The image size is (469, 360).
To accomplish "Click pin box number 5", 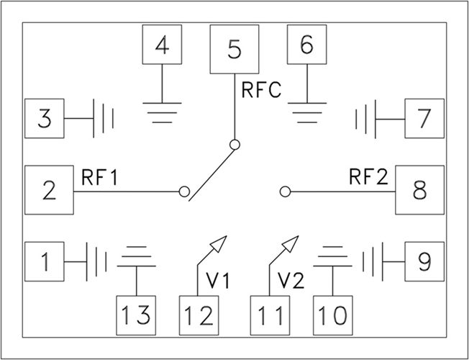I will (x=234, y=50).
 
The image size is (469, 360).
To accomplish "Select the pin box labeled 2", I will (x=49, y=190).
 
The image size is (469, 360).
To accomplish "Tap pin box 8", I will (x=419, y=190).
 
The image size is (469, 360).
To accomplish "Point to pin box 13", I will (x=136, y=315).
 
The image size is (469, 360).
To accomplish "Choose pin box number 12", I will (x=198, y=315).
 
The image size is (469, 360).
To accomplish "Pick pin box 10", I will (x=332, y=315).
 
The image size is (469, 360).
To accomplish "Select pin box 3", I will (x=45, y=117).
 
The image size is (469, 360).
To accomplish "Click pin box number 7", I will (x=424, y=117).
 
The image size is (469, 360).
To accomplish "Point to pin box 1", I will (x=45, y=261).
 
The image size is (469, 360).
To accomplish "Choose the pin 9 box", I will (x=424, y=261).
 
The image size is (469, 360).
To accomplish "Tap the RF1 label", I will (x=99, y=177).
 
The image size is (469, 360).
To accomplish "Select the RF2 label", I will (x=367, y=177).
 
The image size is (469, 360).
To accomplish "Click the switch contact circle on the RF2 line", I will (x=285, y=192).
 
